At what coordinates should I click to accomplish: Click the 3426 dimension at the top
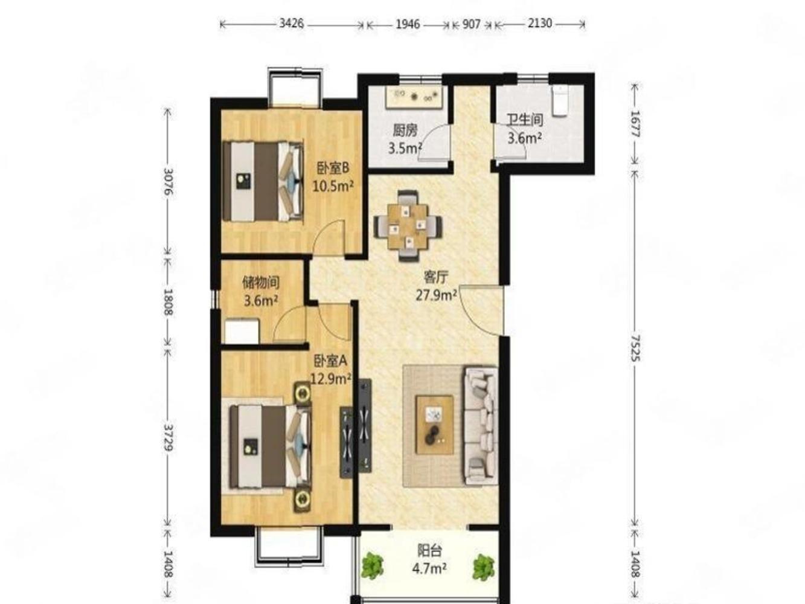tap(292, 24)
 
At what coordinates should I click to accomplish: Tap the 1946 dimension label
tap(408, 24)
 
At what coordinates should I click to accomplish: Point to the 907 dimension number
tap(471, 24)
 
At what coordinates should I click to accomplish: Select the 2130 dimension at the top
tap(539, 24)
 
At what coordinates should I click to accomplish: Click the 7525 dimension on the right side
tap(635, 348)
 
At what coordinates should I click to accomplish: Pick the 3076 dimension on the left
tap(168, 182)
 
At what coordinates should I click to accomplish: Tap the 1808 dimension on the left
tap(168, 302)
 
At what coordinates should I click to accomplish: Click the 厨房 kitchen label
tap(405, 130)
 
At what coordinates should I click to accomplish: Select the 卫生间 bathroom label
tap(525, 120)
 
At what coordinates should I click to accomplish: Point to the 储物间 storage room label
tap(261, 283)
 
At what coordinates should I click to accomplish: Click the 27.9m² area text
tap(436, 295)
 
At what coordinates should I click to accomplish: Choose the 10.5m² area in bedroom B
tap(333, 186)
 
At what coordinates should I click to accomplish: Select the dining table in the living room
tap(408, 225)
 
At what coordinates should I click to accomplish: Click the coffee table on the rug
tap(435, 425)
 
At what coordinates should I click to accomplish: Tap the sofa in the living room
tap(481, 425)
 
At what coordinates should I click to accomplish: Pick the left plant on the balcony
tap(373, 567)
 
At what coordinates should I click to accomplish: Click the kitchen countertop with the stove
tap(416, 97)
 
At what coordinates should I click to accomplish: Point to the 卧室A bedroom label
tap(330, 361)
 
